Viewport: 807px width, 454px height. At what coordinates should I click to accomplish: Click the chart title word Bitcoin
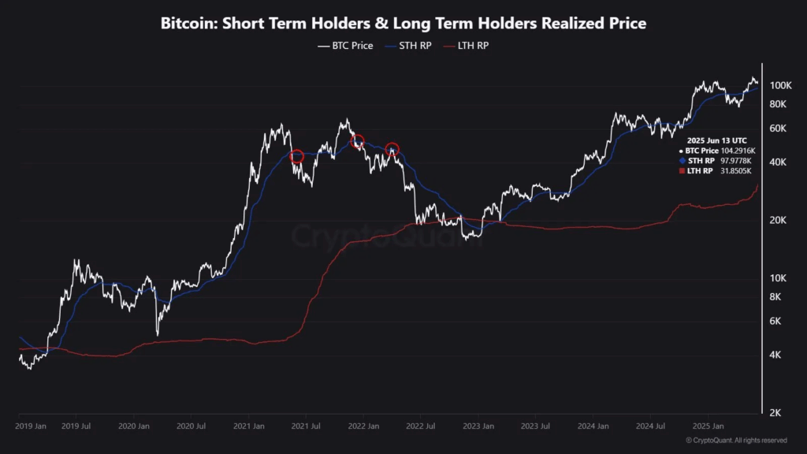coord(185,24)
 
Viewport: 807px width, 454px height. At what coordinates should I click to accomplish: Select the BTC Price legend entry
coord(346,46)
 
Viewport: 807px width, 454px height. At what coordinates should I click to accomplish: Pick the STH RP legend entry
coord(408,46)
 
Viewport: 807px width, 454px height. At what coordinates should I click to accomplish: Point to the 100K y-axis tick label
coord(780,85)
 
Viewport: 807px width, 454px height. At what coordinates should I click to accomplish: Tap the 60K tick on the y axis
coord(779,128)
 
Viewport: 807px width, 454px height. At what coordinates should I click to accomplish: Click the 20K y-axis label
coord(779,220)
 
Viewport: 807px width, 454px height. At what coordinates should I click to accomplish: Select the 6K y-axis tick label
coord(776,322)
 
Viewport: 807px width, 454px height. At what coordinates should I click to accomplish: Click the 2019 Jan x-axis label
coord(32,426)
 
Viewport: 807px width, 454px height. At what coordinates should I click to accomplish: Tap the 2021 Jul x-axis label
coord(305,426)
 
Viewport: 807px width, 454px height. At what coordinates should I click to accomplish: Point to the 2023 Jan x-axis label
coord(478,426)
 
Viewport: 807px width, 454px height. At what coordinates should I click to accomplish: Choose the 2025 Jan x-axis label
coord(707,426)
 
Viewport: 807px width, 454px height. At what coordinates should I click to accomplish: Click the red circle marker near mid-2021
coord(297,157)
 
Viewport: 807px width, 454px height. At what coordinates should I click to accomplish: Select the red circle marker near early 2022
coord(358,142)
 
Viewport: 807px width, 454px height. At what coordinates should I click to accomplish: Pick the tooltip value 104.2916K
coord(738,150)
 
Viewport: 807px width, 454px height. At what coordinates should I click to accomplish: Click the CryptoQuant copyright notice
coord(736,440)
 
